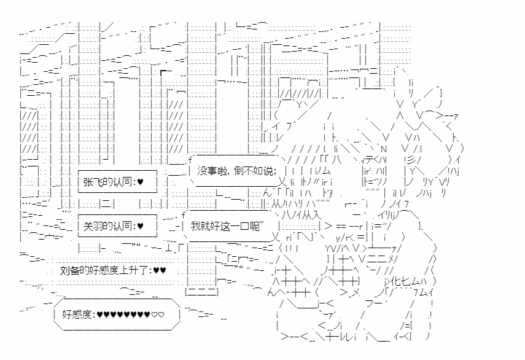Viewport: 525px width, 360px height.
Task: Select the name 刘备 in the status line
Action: [x=70, y=270]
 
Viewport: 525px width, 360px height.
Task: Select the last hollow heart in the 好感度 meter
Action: [x=161, y=315]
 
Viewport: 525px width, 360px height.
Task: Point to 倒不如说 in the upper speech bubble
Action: [x=254, y=171]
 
